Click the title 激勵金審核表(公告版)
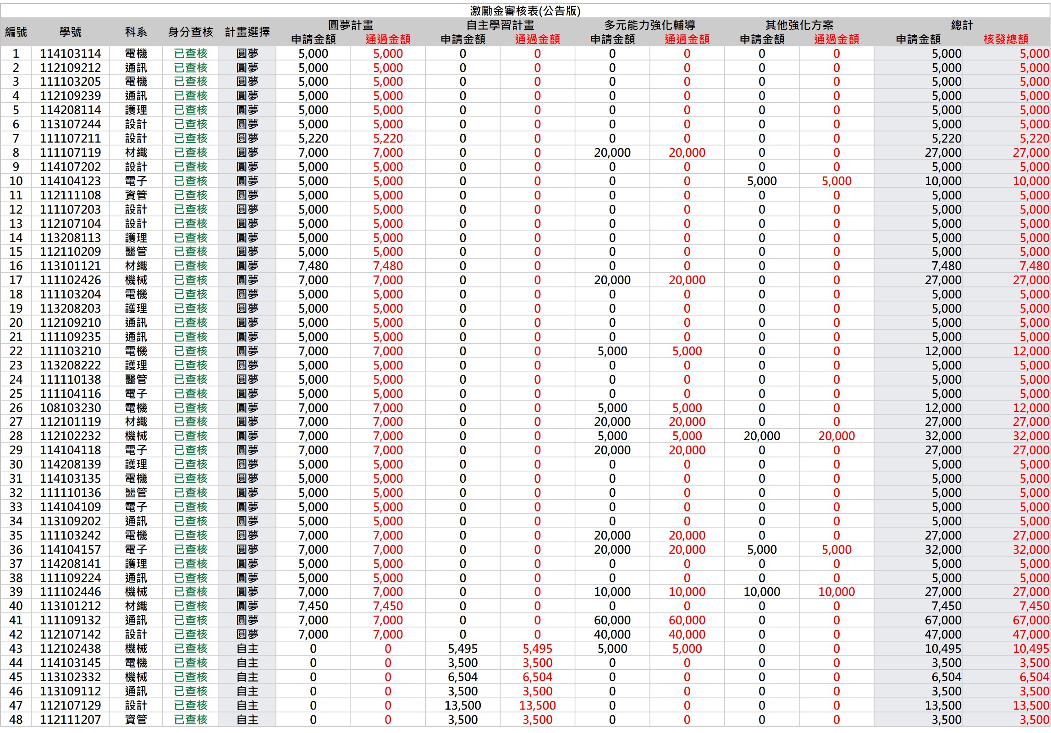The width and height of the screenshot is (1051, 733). pyautogui.click(x=525, y=11)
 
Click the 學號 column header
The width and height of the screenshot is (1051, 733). pyautogui.click(x=71, y=32)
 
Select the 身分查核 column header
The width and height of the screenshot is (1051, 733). pyautogui.click(x=190, y=32)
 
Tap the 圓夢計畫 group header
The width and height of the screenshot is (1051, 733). pyautogui.click(x=351, y=25)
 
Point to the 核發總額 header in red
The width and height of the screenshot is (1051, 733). pyautogui.click(x=1006, y=39)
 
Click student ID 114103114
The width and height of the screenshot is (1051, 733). pyautogui.click(x=71, y=54)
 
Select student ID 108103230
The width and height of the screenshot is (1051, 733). pyautogui.click(x=71, y=408)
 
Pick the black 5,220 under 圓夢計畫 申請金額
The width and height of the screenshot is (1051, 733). pyautogui.click(x=313, y=138)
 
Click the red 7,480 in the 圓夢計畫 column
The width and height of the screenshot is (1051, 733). pyautogui.click(x=388, y=266)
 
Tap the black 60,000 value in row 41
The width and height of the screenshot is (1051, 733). pyautogui.click(x=612, y=620)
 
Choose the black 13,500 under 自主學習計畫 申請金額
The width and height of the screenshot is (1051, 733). pyautogui.click(x=462, y=705)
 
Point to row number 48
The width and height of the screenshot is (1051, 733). pyautogui.click(x=16, y=720)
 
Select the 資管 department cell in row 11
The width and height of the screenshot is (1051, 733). pyautogui.click(x=136, y=195)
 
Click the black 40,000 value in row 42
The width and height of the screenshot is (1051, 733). pyautogui.click(x=612, y=634)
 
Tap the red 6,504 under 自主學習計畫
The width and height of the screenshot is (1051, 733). pyautogui.click(x=537, y=677)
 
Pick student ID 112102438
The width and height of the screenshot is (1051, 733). pyautogui.click(x=71, y=649)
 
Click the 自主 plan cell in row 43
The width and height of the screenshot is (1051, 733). pyautogui.click(x=248, y=649)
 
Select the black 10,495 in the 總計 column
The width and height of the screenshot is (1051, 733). pyautogui.click(x=943, y=649)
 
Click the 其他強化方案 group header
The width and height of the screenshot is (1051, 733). pyautogui.click(x=799, y=25)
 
